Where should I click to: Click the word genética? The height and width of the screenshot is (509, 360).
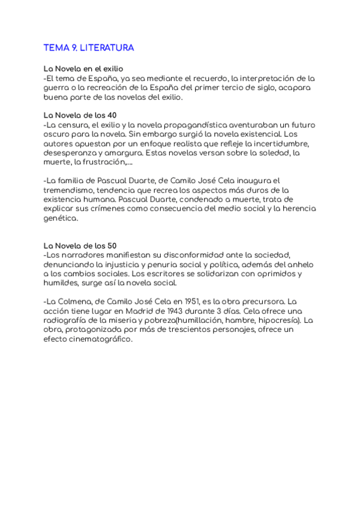(x=61, y=218)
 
